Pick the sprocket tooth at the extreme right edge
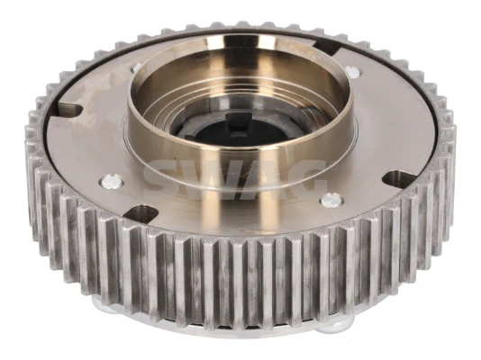(x=448, y=153)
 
